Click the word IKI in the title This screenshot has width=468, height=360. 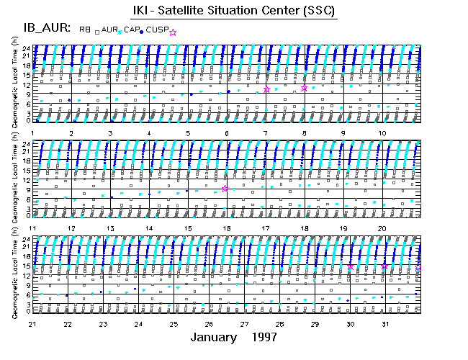coord(143,11)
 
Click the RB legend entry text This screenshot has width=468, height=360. coord(84,30)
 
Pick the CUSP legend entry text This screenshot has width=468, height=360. coord(156,30)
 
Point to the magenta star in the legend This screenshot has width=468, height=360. coord(173,32)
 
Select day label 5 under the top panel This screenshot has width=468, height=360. coord(188,133)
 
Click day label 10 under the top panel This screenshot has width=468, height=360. coord(382,133)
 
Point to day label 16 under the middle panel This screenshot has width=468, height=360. coord(227,228)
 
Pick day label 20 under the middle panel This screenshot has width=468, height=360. coord(382,228)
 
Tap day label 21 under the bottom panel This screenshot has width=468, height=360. coord(32,324)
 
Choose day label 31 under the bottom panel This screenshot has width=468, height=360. coord(385,324)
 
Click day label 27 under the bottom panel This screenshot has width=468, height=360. coord(244,324)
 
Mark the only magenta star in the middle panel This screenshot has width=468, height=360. coord(225,189)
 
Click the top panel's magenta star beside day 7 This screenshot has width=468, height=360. coord(266,89)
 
